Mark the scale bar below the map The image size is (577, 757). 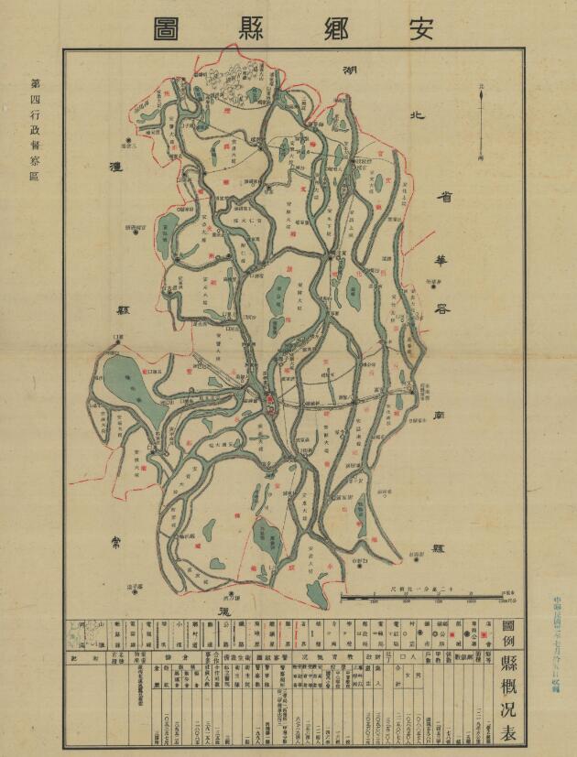448,597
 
